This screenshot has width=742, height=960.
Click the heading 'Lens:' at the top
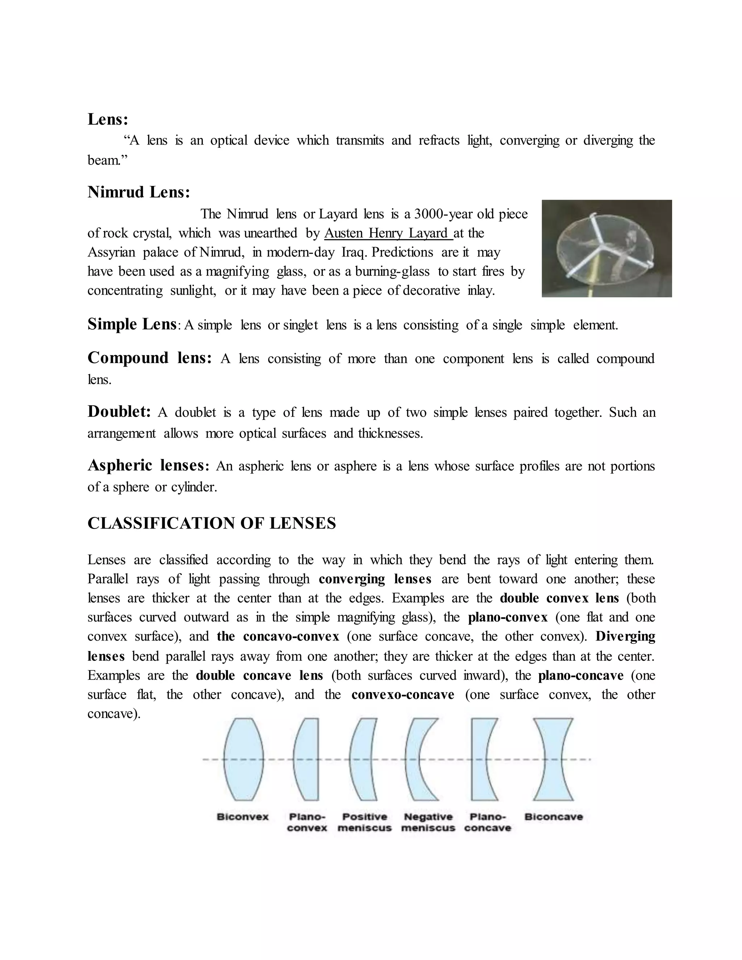(108, 119)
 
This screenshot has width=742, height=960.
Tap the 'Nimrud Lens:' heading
(138, 192)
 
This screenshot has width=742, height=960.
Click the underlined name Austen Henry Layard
(388, 233)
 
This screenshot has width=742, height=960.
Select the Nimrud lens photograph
(606, 249)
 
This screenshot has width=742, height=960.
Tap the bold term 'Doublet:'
(119, 412)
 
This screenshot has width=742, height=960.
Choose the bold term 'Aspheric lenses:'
(149, 465)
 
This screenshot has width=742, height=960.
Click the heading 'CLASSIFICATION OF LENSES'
(212, 523)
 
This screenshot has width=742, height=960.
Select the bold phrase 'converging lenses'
(375, 579)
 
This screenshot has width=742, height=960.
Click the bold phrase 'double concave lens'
(259, 675)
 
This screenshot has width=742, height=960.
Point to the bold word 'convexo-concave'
(403, 694)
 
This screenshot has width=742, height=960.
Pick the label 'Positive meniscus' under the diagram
(364, 822)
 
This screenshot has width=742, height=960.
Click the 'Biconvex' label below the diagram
(243, 817)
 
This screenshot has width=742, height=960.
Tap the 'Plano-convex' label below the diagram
(307, 822)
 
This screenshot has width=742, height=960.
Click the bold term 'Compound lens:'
(150, 358)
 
